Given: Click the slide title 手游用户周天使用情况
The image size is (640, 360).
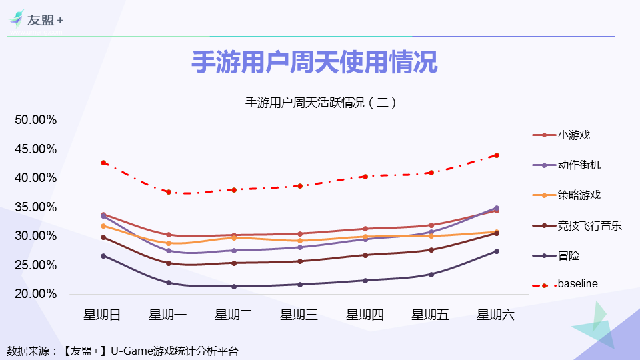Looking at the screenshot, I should [315, 63].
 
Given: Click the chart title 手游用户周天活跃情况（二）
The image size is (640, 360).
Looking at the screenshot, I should [321, 103].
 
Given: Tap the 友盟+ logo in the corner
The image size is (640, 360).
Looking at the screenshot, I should [37, 20].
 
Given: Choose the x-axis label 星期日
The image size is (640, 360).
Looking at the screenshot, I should [102, 315].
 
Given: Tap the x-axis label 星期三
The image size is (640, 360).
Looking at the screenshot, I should [299, 315].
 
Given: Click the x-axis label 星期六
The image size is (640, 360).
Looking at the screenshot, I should [495, 315].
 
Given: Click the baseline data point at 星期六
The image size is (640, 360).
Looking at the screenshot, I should [497, 155].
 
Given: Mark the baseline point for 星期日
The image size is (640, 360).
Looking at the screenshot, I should [103, 163].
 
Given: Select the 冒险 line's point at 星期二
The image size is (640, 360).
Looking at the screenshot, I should [233, 287].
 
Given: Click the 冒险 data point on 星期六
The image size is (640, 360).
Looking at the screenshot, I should [497, 251].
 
